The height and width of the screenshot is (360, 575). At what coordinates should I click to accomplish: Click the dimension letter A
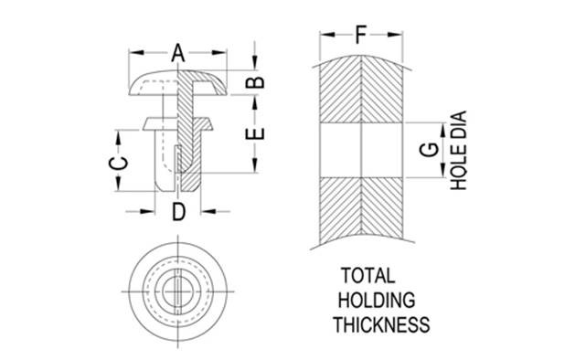coord(178,53)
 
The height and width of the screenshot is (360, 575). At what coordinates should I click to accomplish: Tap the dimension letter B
coord(255,82)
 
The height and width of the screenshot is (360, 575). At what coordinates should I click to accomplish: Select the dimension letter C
coord(118,163)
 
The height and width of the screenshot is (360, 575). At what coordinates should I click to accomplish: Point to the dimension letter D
coord(178,212)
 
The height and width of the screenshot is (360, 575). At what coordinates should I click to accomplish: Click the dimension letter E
coord(255,133)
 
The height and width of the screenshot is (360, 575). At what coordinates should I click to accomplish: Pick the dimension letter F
coord(361,35)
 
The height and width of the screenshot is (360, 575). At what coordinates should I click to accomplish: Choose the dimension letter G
coord(429,150)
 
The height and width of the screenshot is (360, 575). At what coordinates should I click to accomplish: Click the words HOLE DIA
coord(458,151)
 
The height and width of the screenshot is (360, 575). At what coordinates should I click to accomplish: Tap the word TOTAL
coord(367,276)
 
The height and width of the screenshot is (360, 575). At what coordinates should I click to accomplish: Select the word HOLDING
coord(377,301)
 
